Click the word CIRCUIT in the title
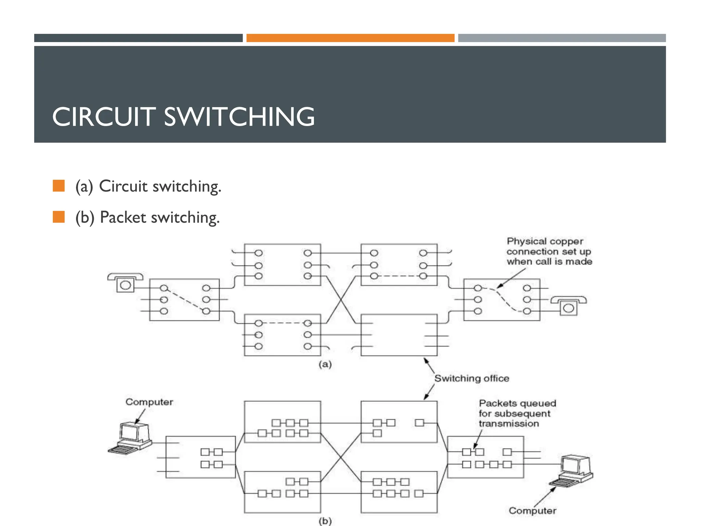pos(104,117)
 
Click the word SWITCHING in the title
pos(239,117)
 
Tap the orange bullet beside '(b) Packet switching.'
pos(59,217)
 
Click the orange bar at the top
pos(350,38)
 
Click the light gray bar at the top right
pos(562,38)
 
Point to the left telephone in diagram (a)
pos(125,283)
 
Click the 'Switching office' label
pos(472,378)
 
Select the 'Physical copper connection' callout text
pos(549,251)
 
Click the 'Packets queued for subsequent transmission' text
pos(517,413)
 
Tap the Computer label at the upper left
pos(149,402)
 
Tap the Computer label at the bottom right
pos(532,511)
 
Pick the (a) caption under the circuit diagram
pos(325,364)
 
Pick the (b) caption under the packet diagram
pos(325,521)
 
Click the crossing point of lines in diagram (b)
pos(341,457)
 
